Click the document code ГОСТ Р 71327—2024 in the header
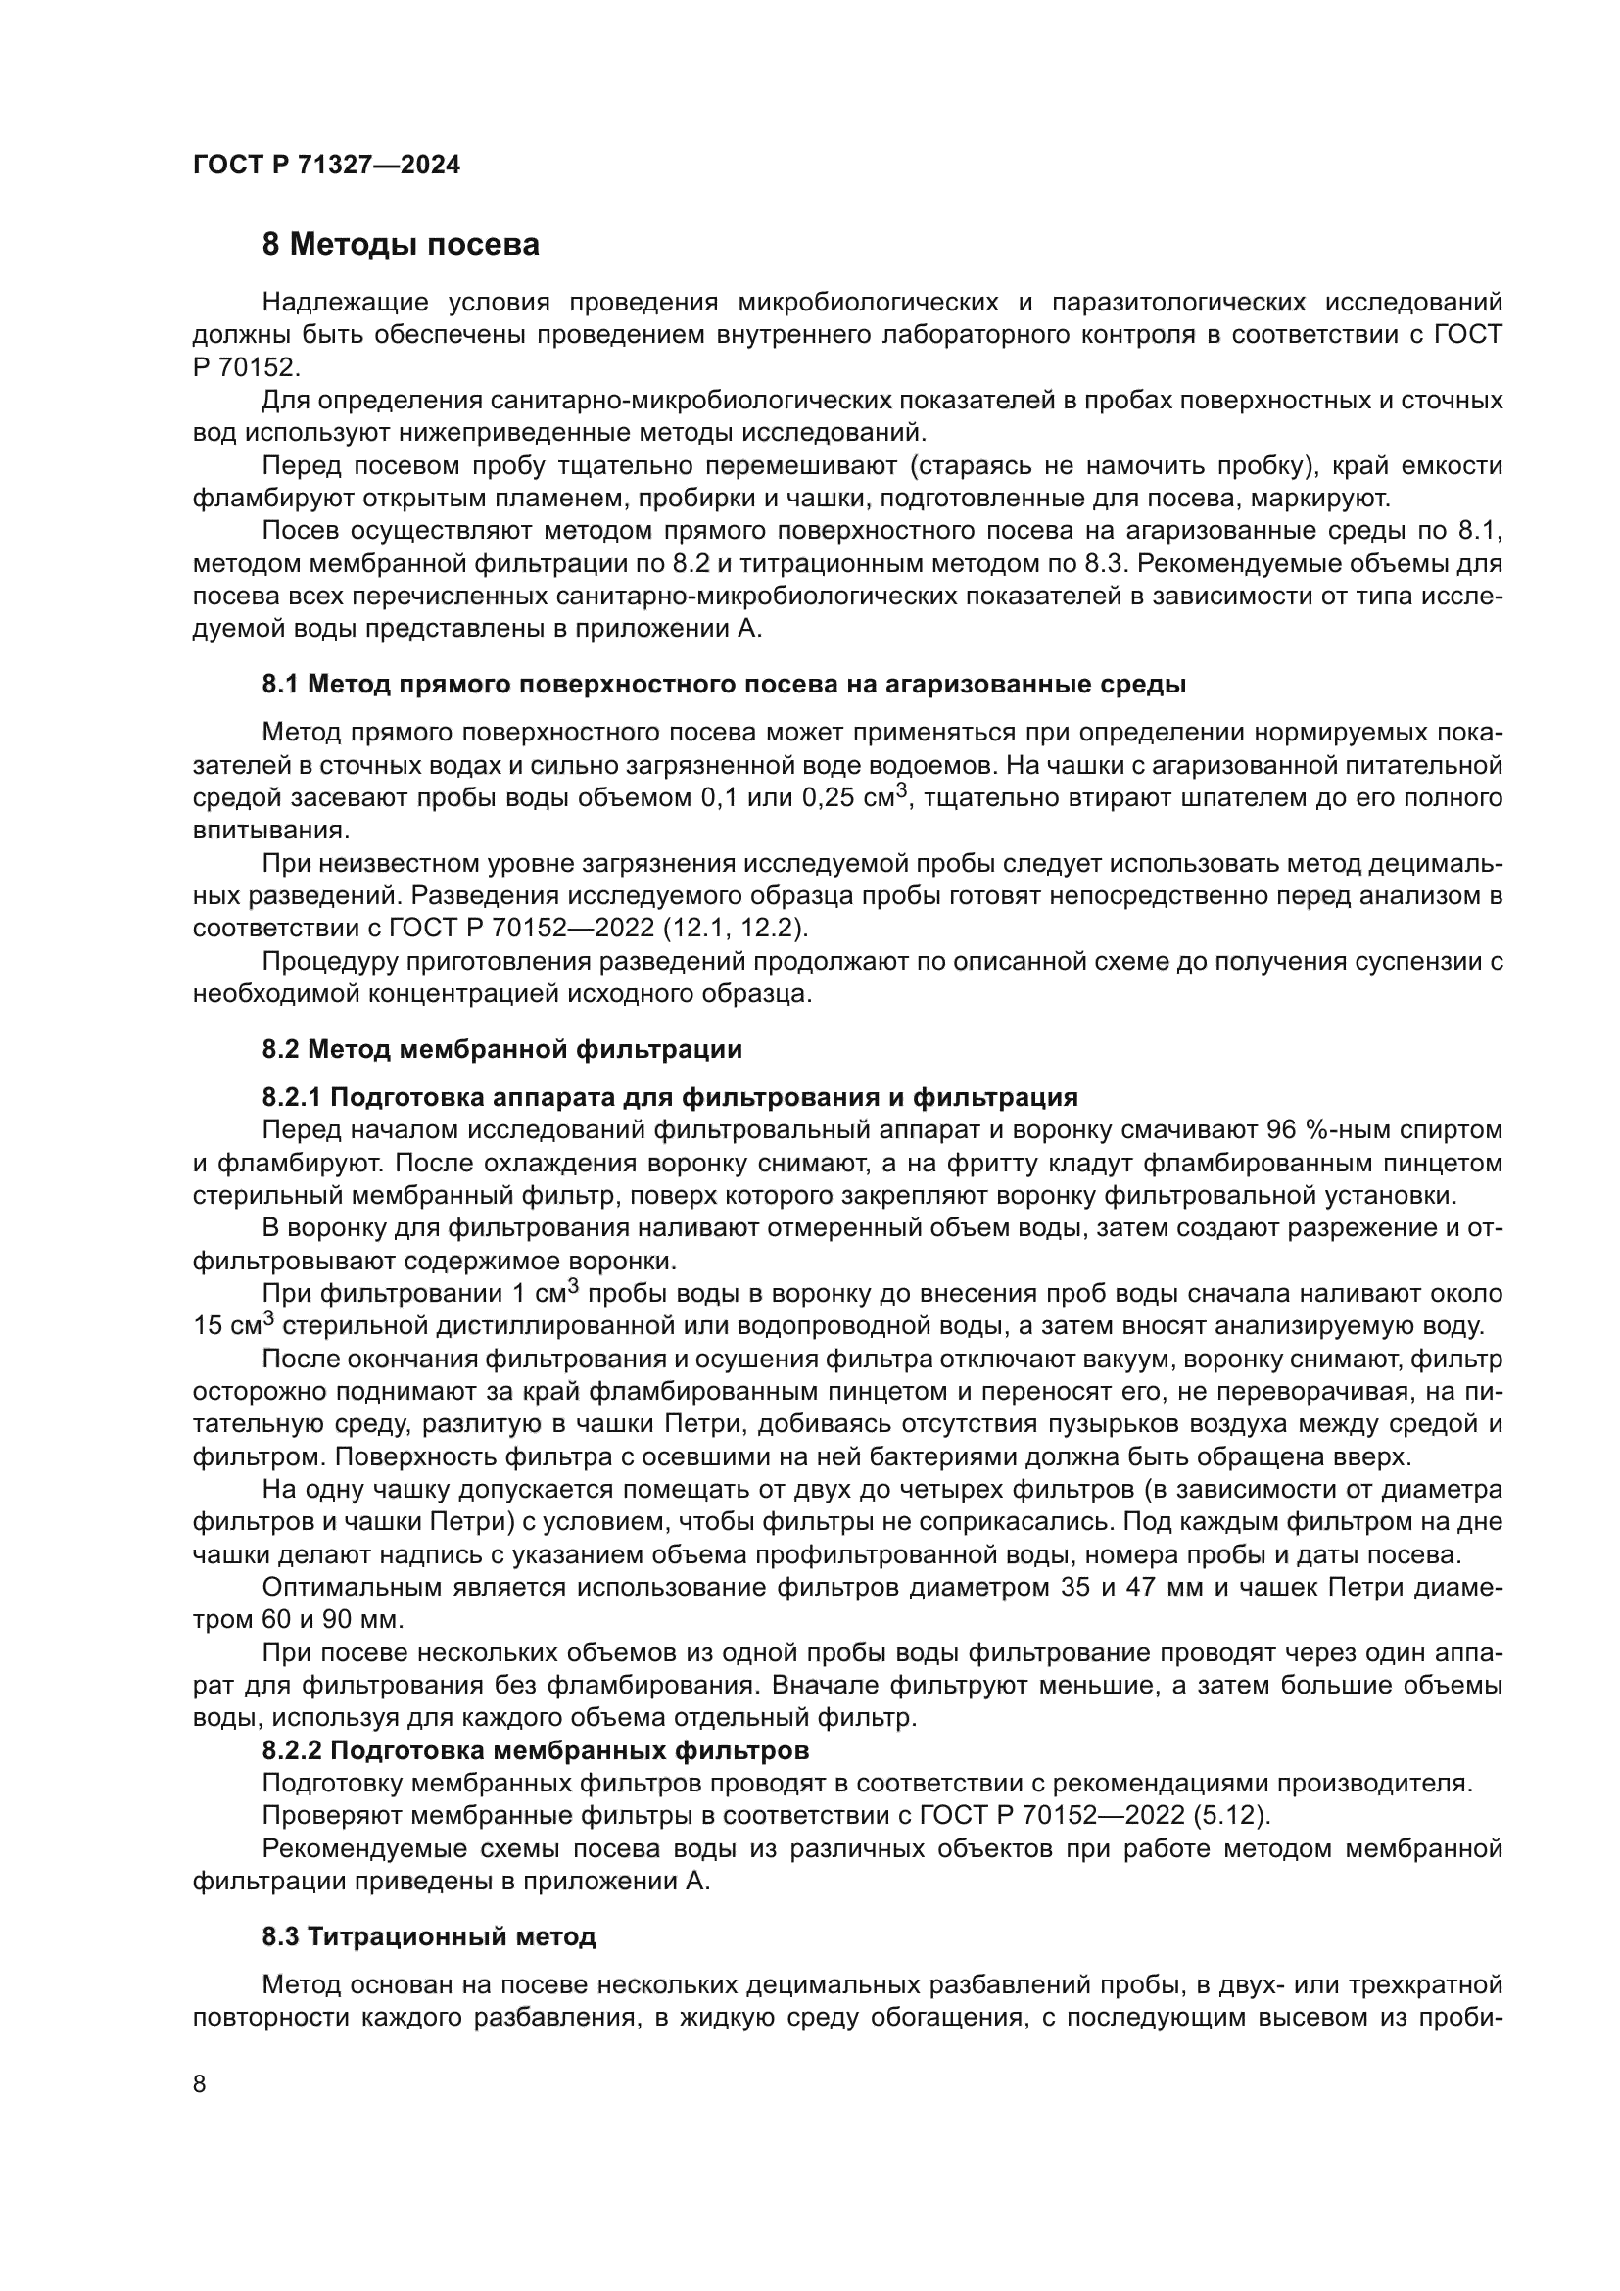tap(326, 166)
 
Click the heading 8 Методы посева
tap(400, 245)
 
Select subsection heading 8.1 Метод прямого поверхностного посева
tap(724, 685)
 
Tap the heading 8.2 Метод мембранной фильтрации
tap(501, 1049)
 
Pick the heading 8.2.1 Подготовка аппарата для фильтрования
tap(670, 1098)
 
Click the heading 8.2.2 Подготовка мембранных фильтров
tap(536, 1750)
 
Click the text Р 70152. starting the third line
tap(246, 367)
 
